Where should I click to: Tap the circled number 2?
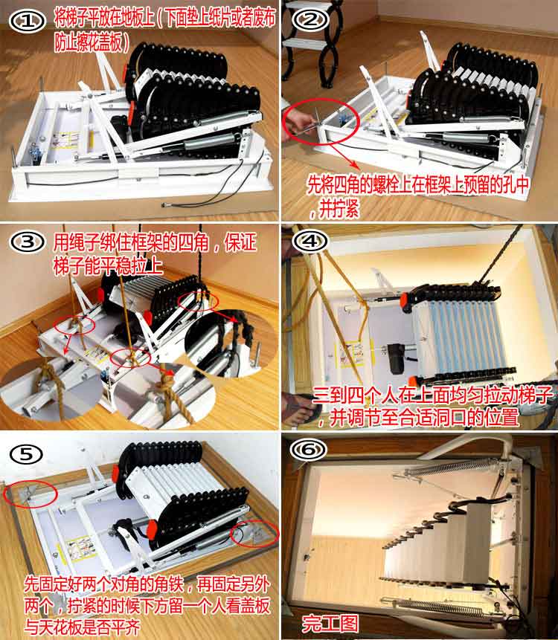pyautogui.click(x=311, y=19)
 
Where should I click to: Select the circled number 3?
pyautogui.click(x=28, y=242)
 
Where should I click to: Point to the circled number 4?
pyautogui.click(x=310, y=241)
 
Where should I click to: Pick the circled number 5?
pyautogui.click(x=26, y=454)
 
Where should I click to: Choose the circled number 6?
pyautogui.click(x=309, y=450)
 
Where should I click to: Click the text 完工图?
pyautogui.click(x=330, y=623)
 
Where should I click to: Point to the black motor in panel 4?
pyautogui.click(x=397, y=358)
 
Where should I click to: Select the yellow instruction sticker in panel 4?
pyautogui.click(x=350, y=354)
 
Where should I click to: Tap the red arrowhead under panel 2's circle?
pyautogui.click(x=355, y=167)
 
